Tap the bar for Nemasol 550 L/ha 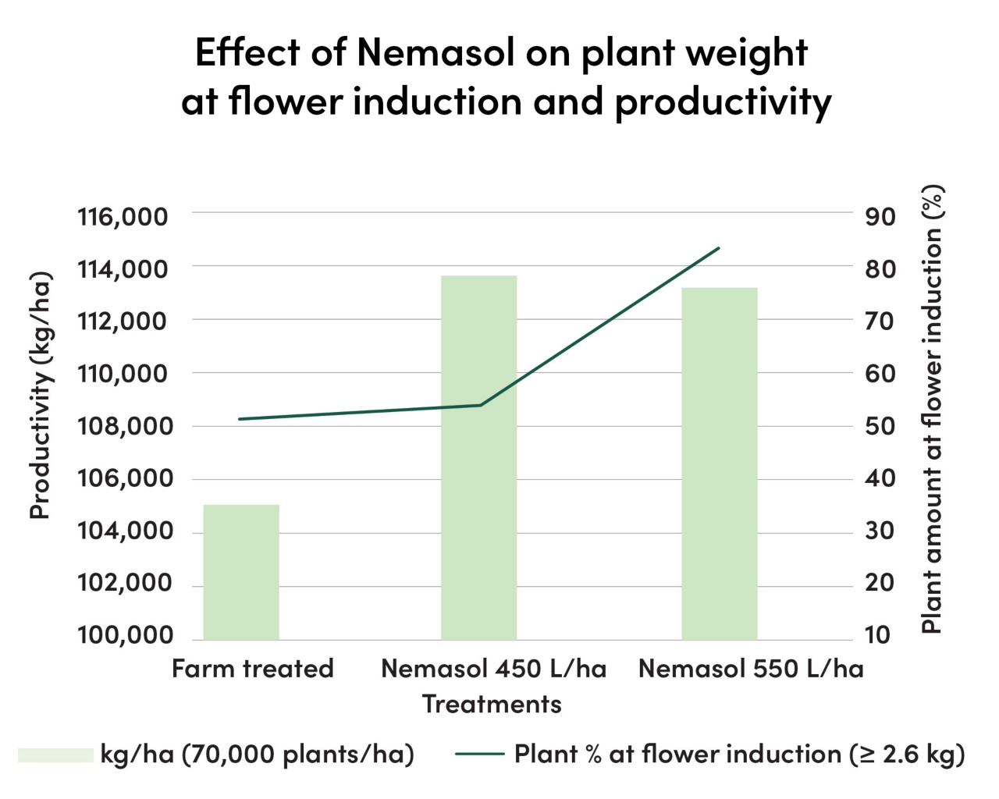pos(719,463)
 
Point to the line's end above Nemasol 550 pos(718,248)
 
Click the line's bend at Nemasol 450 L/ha pos(480,405)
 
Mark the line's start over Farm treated pos(240,419)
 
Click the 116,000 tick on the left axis pos(122,216)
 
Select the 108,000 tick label pos(122,426)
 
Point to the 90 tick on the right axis pos(880,216)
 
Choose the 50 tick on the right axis pos(880,426)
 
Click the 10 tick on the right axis pos(878,635)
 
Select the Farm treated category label pos(252,669)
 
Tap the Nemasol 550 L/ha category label pos(751,669)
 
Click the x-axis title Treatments pos(492,704)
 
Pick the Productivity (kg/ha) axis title pos(40,396)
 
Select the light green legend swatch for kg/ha pos(55,755)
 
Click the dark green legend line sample pos(479,755)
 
